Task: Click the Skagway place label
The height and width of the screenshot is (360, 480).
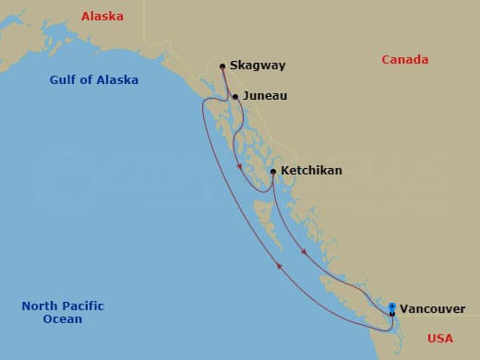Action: (258, 66)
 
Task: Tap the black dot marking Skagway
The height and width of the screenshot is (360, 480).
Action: (222, 66)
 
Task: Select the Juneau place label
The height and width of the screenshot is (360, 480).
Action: (266, 96)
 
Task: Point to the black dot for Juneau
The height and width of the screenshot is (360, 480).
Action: (235, 97)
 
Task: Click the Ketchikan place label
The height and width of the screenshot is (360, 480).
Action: (311, 171)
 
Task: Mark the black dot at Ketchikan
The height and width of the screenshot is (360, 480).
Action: (273, 171)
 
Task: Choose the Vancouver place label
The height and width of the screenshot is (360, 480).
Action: (432, 308)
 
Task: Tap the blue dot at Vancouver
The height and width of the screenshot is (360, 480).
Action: (392, 306)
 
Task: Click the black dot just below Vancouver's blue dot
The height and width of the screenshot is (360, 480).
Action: (392, 314)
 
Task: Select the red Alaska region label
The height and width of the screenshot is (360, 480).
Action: (102, 17)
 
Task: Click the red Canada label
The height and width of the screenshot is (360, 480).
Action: (405, 60)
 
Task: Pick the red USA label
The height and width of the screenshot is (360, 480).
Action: (440, 339)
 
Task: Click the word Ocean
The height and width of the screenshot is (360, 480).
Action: (62, 319)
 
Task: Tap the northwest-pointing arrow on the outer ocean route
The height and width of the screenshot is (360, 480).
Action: (278, 266)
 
